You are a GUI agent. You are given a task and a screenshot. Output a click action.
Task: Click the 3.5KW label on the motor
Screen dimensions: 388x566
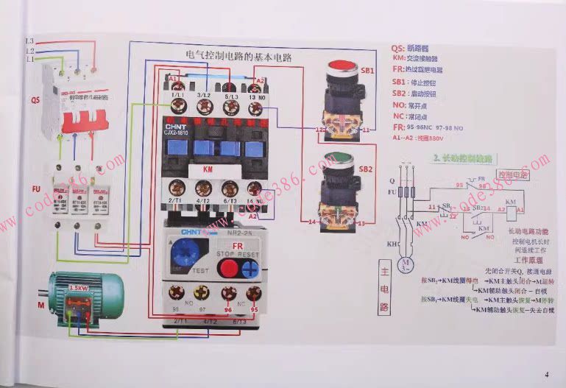click(79, 287)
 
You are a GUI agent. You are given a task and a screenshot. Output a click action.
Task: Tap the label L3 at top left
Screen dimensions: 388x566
click(29, 41)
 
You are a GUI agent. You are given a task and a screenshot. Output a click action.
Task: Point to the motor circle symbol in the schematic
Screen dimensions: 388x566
click(403, 264)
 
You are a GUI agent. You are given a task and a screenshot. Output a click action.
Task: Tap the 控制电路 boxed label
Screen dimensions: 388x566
click(512, 175)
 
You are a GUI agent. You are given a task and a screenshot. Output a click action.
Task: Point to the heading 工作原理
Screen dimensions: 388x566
click(527, 261)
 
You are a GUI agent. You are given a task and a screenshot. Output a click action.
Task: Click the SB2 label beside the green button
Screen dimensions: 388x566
click(366, 169)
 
